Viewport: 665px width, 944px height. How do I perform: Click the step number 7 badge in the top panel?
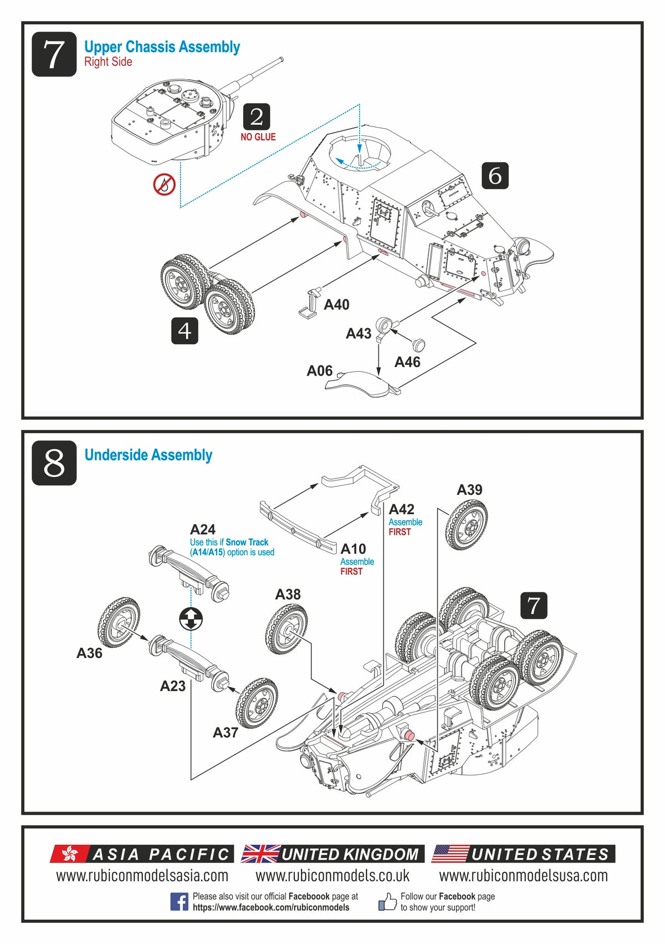(54, 54)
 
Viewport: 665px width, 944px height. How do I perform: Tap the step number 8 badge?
(54, 463)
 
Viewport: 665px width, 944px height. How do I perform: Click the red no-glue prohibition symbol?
(164, 184)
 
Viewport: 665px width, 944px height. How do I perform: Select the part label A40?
(336, 304)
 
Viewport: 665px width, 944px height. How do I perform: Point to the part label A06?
(320, 371)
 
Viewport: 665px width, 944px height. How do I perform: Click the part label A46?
(407, 362)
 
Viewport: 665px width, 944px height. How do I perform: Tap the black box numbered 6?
(494, 176)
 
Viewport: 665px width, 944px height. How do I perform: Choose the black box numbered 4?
(185, 331)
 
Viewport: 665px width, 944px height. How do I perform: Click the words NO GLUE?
(258, 137)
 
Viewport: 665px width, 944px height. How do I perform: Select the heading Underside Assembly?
(149, 455)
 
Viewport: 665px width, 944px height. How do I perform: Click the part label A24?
(203, 529)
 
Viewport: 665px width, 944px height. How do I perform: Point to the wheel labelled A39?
(467, 524)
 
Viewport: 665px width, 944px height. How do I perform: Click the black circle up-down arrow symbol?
(191, 618)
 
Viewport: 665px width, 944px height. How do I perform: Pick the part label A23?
(172, 686)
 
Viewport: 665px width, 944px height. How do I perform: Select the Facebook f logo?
(179, 901)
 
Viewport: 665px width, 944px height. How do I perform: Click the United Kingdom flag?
(261, 854)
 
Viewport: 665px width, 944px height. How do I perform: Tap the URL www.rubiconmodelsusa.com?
(523, 876)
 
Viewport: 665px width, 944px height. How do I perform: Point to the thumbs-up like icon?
(387, 901)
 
